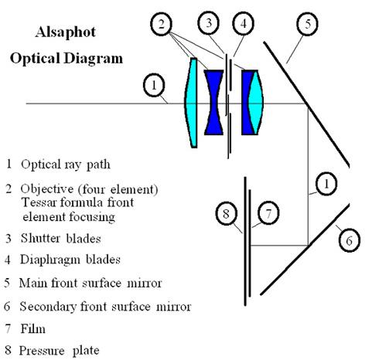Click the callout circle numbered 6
coord(348,240)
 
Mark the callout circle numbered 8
coord(227,214)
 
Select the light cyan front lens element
coord(191,103)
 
